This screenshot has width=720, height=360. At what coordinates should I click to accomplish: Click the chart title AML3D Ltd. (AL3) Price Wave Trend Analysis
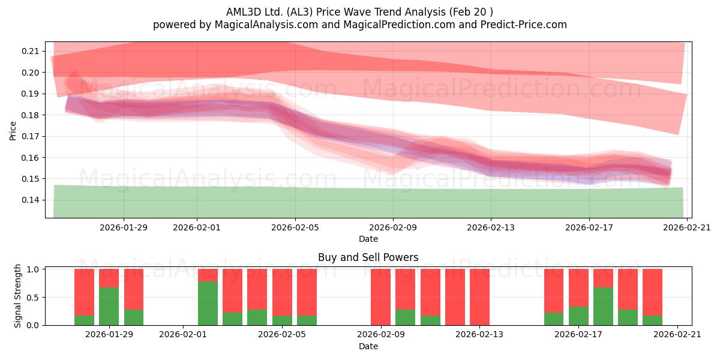click(x=335, y=12)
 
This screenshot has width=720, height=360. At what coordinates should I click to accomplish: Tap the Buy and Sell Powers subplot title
click(x=368, y=257)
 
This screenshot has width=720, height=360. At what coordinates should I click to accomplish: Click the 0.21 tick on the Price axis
click(x=30, y=51)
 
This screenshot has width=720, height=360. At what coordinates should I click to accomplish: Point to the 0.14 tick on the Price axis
click(x=30, y=200)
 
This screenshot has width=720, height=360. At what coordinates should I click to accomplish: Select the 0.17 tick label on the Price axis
click(x=30, y=136)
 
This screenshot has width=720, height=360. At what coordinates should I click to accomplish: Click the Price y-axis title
click(x=13, y=131)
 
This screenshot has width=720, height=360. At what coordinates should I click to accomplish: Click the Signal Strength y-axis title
click(x=17, y=296)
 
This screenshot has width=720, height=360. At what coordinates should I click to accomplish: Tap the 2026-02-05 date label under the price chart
click(x=295, y=227)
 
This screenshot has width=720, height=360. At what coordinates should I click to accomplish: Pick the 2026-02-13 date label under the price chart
click(x=491, y=227)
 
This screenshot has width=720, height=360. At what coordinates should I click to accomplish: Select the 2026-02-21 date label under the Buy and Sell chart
click(x=677, y=334)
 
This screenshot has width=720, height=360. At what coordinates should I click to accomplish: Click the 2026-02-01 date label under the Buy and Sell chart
click(x=183, y=334)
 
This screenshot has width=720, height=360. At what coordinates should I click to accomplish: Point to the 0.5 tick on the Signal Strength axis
click(x=32, y=298)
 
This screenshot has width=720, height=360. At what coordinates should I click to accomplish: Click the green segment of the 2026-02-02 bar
click(x=208, y=304)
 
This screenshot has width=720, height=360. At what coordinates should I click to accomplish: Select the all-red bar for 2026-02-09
click(x=380, y=297)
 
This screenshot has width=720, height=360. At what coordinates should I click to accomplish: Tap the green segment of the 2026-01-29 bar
click(x=109, y=307)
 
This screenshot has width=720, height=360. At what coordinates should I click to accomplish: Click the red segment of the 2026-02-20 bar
click(x=653, y=292)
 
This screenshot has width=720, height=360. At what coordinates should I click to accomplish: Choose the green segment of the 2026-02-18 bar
click(x=604, y=307)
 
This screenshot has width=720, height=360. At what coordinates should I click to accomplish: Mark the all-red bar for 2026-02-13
click(x=479, y=297)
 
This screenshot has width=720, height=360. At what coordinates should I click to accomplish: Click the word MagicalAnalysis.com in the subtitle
click(x=266, y=25)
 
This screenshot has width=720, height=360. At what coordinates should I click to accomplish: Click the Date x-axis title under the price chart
click(x=368, y=239)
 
